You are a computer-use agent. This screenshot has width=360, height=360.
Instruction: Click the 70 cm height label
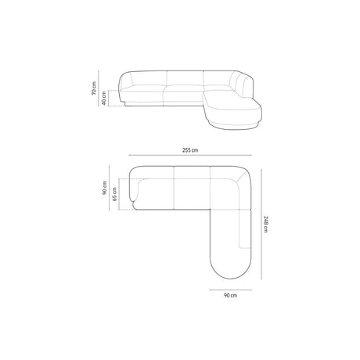tap(92, 92)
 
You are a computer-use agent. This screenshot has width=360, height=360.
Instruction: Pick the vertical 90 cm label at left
tap(102, 189)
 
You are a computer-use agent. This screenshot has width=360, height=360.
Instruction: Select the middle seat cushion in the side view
tap(184, 95)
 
